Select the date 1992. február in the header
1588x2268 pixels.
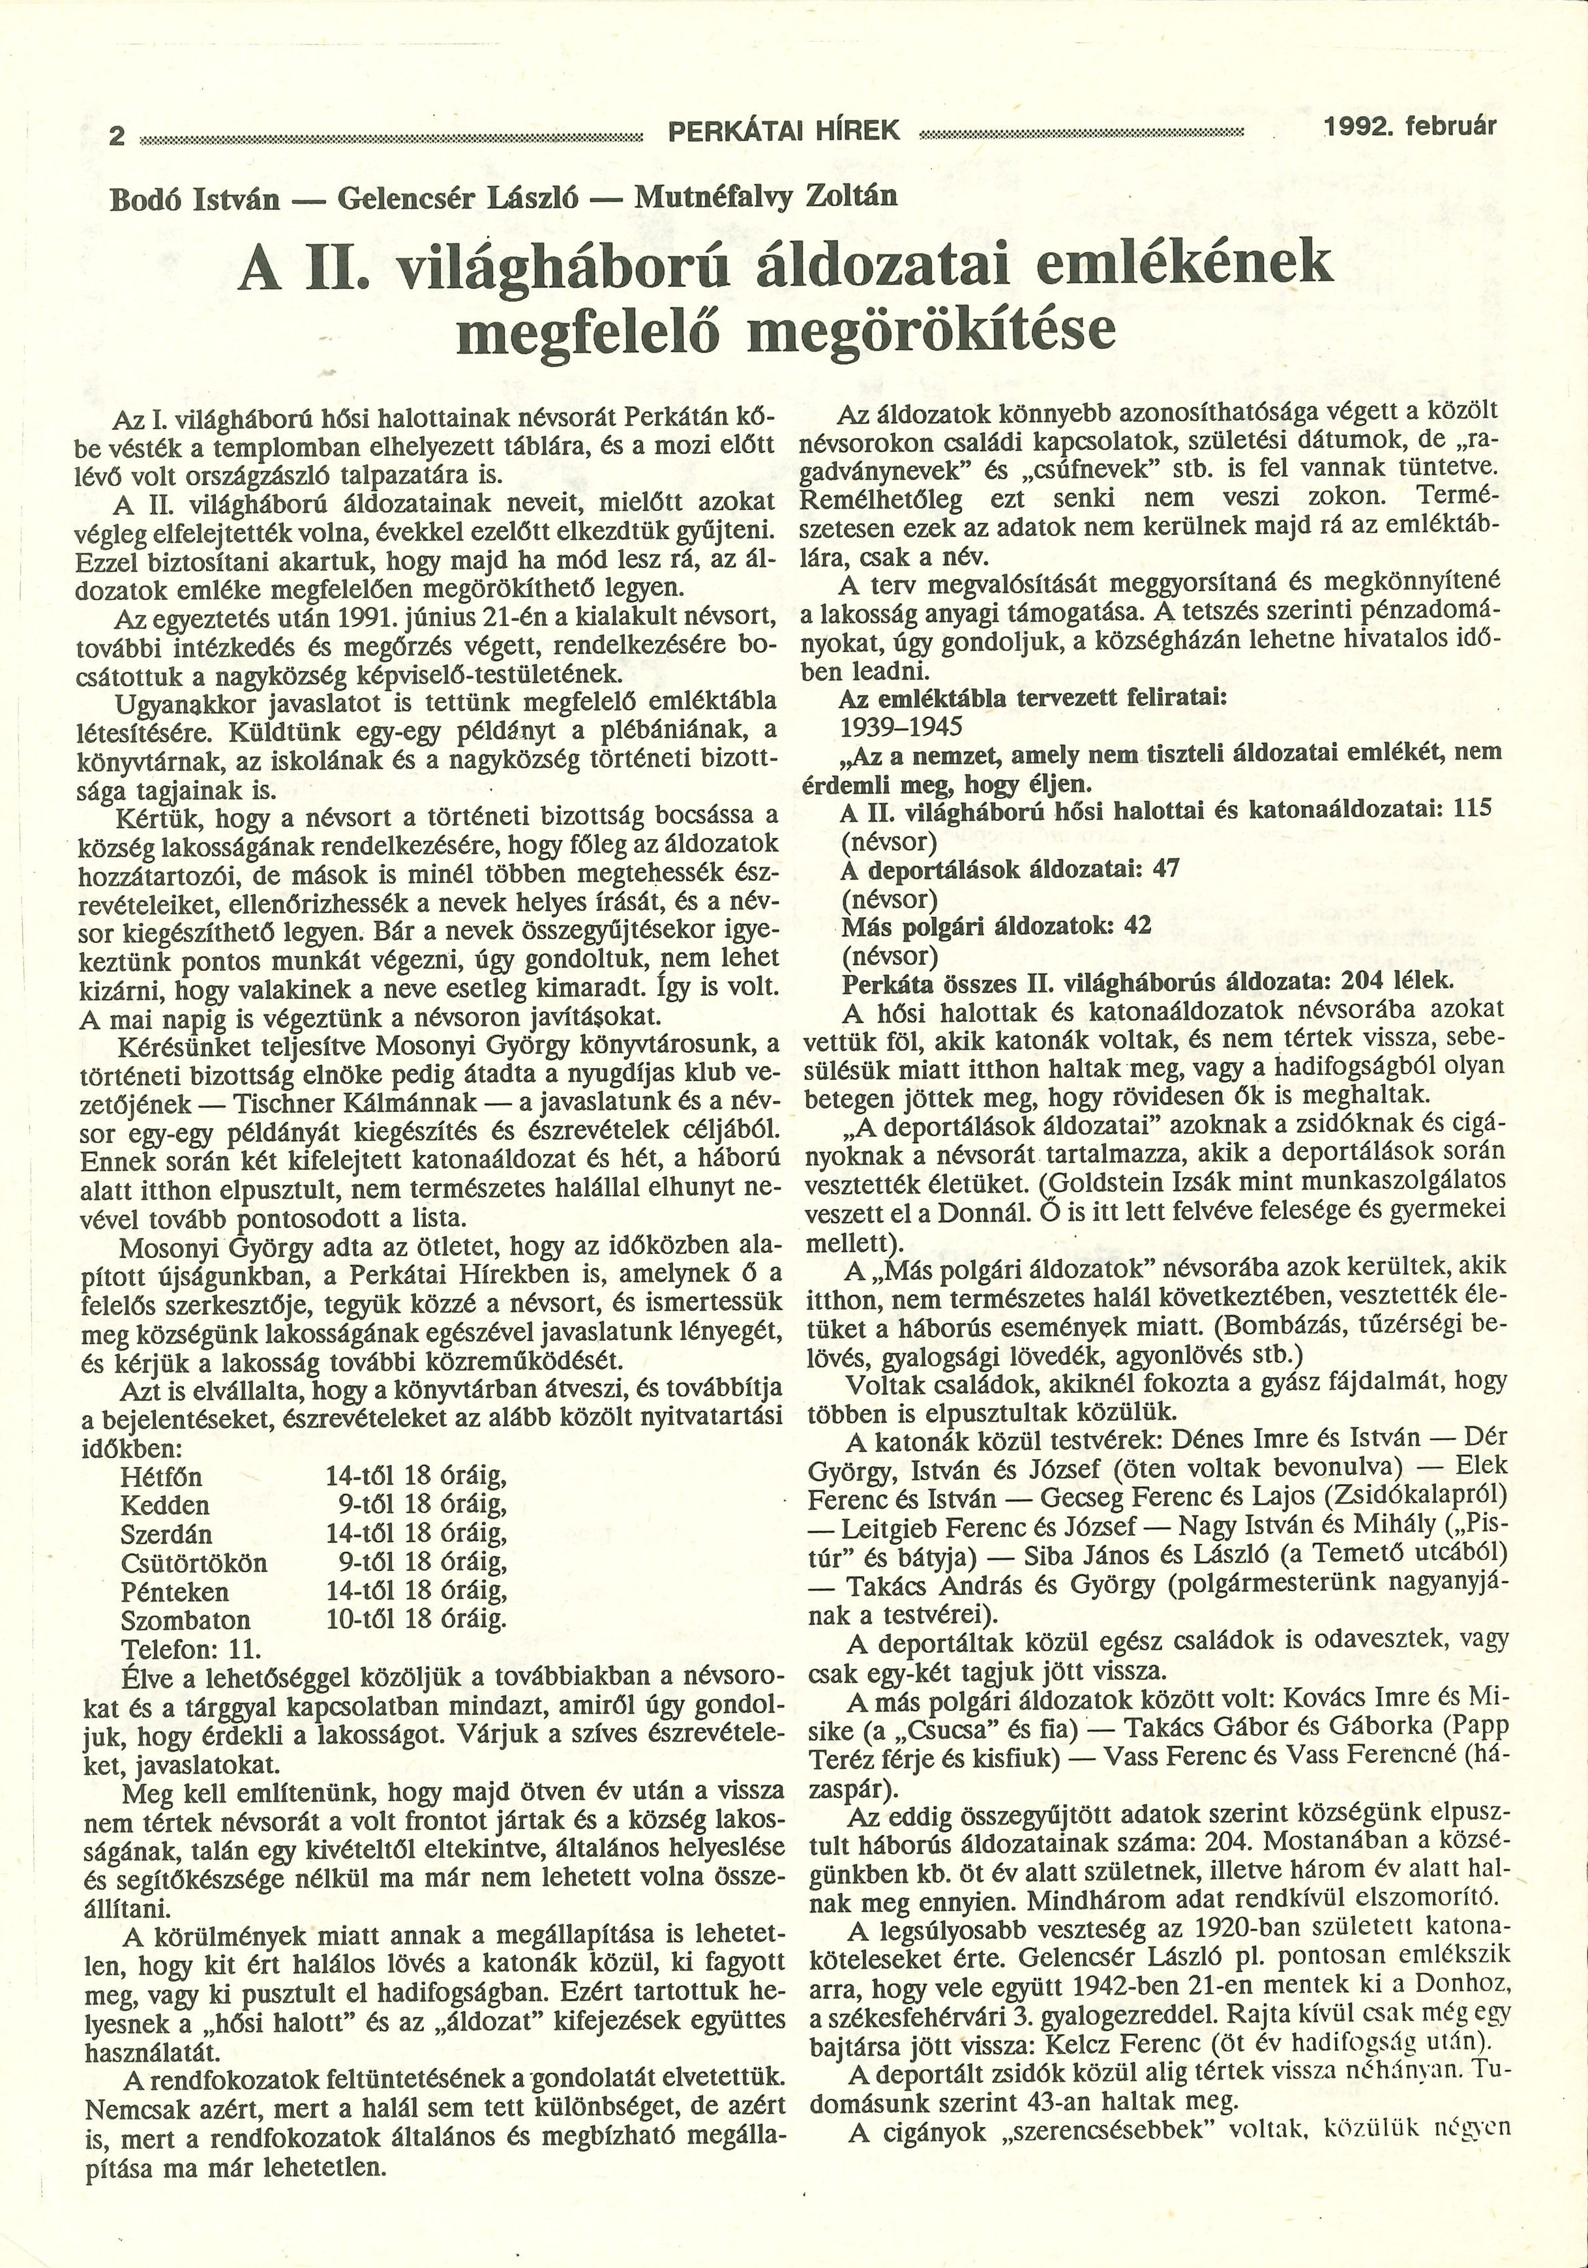pyautogui.click(x=1410, y=127)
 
